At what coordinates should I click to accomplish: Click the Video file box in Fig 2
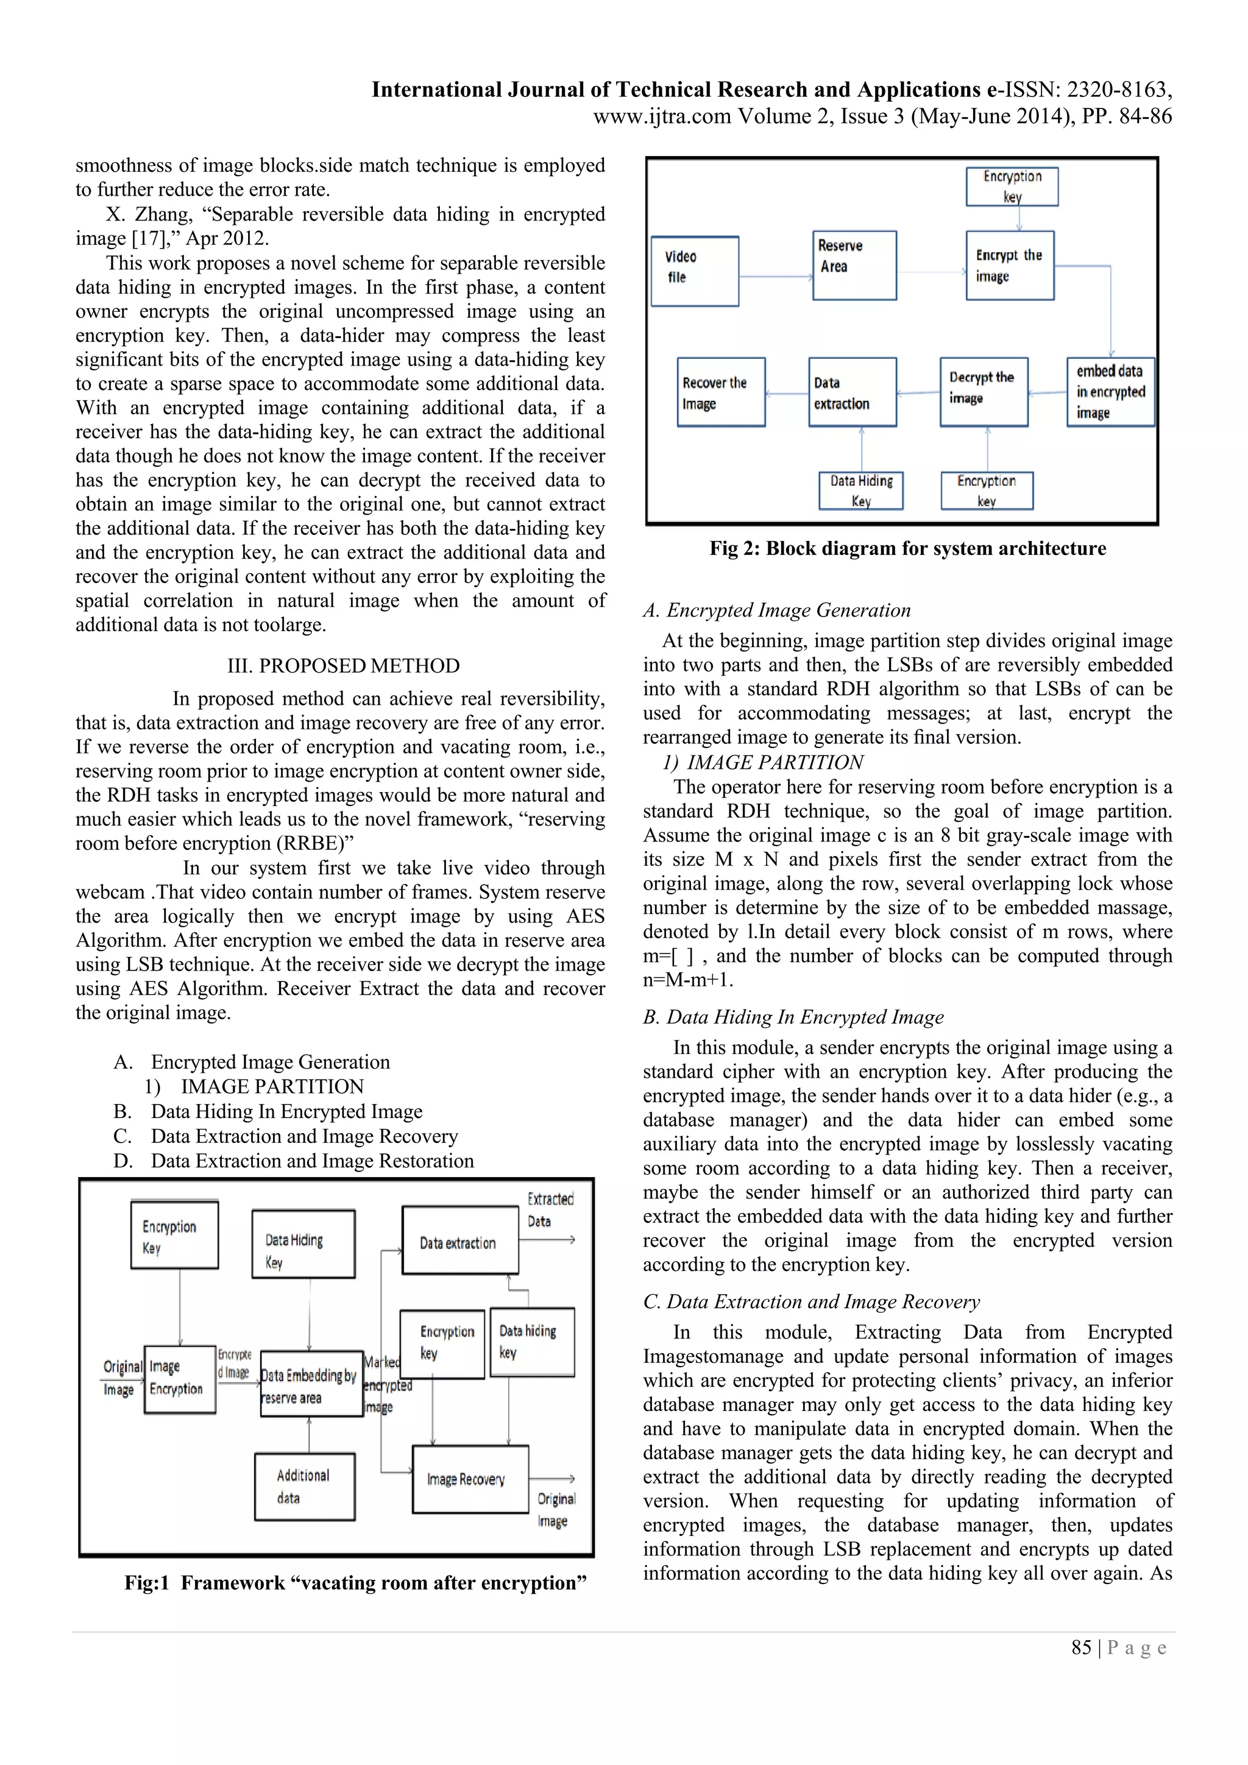coord(694,271)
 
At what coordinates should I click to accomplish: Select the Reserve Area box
coord(854,264)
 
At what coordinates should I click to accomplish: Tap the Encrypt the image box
coord(1009,265)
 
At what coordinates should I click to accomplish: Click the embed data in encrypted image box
coord(1110,392)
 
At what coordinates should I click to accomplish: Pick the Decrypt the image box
coord(983,392)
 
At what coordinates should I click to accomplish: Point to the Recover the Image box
coord(720,392)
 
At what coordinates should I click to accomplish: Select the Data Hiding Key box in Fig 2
coord(860,490)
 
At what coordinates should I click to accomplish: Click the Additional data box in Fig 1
coord(305,1486)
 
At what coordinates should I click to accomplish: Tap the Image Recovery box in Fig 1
coord(470,1479)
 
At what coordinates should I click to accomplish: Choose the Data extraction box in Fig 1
coord(460,1240)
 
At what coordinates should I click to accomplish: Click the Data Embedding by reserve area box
coord(311,1384)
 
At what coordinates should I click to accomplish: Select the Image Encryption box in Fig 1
coord(180,1379)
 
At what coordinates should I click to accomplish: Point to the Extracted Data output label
coord(549,1209)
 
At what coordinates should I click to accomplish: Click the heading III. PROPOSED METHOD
coord(343,666)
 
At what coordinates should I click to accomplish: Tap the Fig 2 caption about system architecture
coord(907,548)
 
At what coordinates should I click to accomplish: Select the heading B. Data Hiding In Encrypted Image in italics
coord(793,1017)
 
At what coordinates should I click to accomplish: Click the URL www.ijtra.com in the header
coord(661,116)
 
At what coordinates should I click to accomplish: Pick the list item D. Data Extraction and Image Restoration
coord(294,1161)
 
